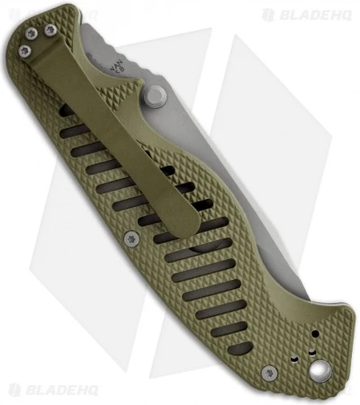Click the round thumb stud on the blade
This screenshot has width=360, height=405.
(157, 94)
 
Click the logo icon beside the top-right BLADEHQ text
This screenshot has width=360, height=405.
(267, 14)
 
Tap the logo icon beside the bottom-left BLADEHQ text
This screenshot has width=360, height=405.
(12, 389)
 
